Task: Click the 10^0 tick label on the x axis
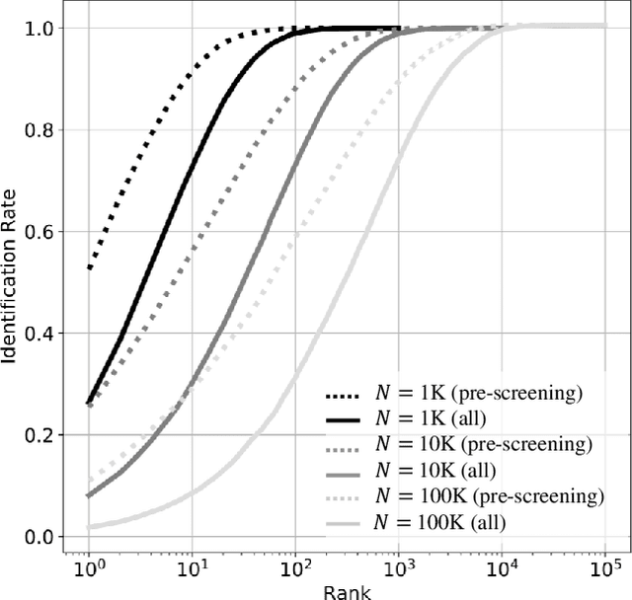coord(90,567)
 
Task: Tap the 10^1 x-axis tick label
coord(193,567)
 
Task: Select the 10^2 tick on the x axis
coord(295,567)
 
